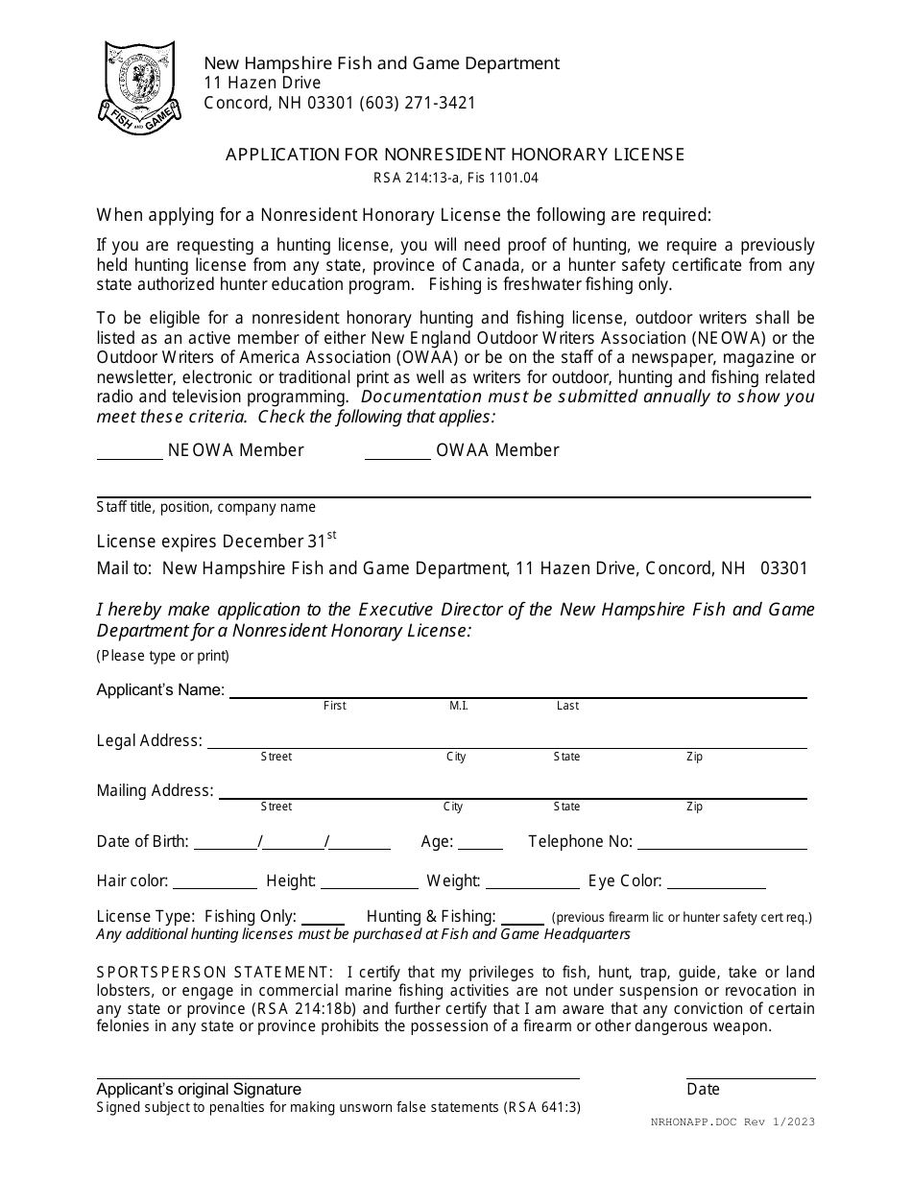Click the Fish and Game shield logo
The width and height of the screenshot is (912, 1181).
pyautogui.click(x=136, y=86)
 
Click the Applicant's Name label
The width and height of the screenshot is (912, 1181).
pyautogui.click(x=160, y=689)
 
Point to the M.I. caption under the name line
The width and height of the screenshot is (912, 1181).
pyautogui.click(x=459, y=706)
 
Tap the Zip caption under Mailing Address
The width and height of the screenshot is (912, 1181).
pyautogui.click(x=694, y=807)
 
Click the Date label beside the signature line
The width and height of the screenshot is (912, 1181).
pyautogui.click(x=703, y=1089)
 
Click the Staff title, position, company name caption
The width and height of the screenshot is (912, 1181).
pyautogui.click(x=205, y=507)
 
